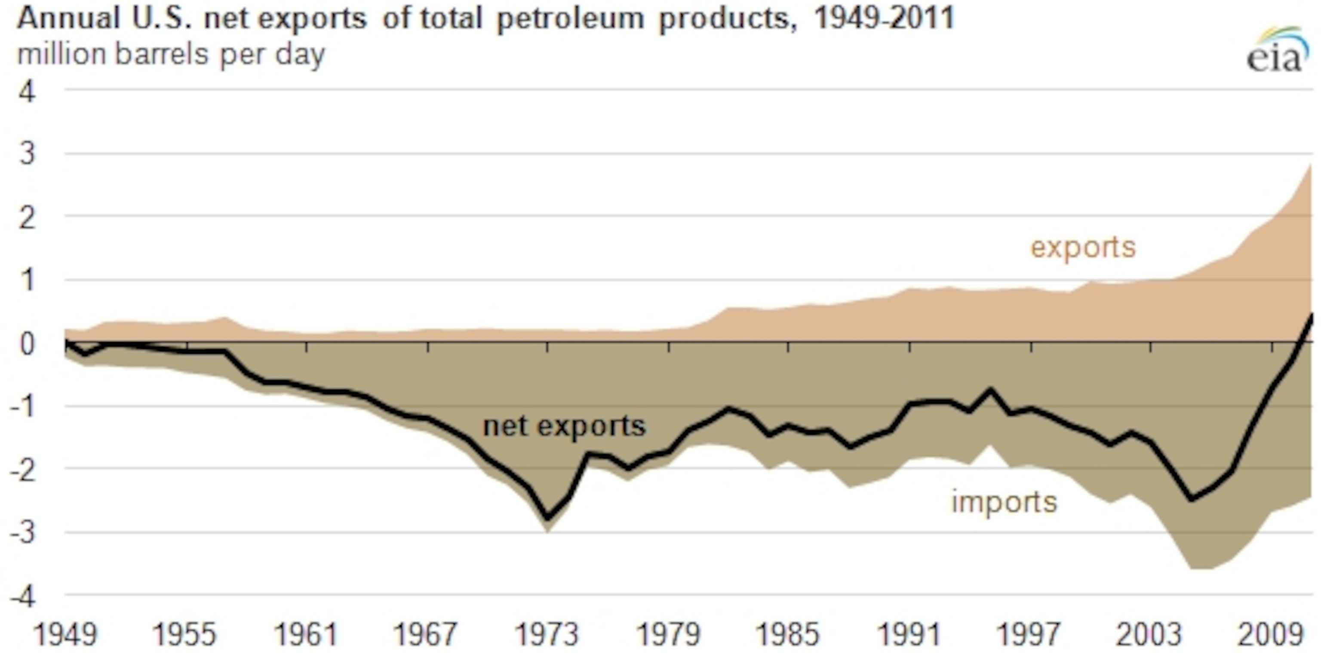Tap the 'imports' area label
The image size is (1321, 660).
(x=1004, y=502)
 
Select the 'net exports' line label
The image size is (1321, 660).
(x=564, y=426)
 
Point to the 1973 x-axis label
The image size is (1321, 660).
(x=547, y=634)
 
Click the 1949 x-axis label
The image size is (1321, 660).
(x=65, y=634)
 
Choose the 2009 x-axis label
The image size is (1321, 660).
(x=1270, y=634)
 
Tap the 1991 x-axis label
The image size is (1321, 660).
(x=909, y=634)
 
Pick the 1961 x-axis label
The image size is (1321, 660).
(x=306, y=634)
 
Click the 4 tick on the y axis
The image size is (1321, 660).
(x=27, y=93)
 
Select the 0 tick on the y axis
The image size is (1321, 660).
(x=27, y=344)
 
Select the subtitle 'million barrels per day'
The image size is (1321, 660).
(x=171, y=54)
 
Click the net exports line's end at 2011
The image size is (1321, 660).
(x=1311, y=314)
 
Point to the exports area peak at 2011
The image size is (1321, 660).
(x=1310, y=165)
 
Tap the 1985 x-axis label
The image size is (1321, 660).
(x=788, y=634)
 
